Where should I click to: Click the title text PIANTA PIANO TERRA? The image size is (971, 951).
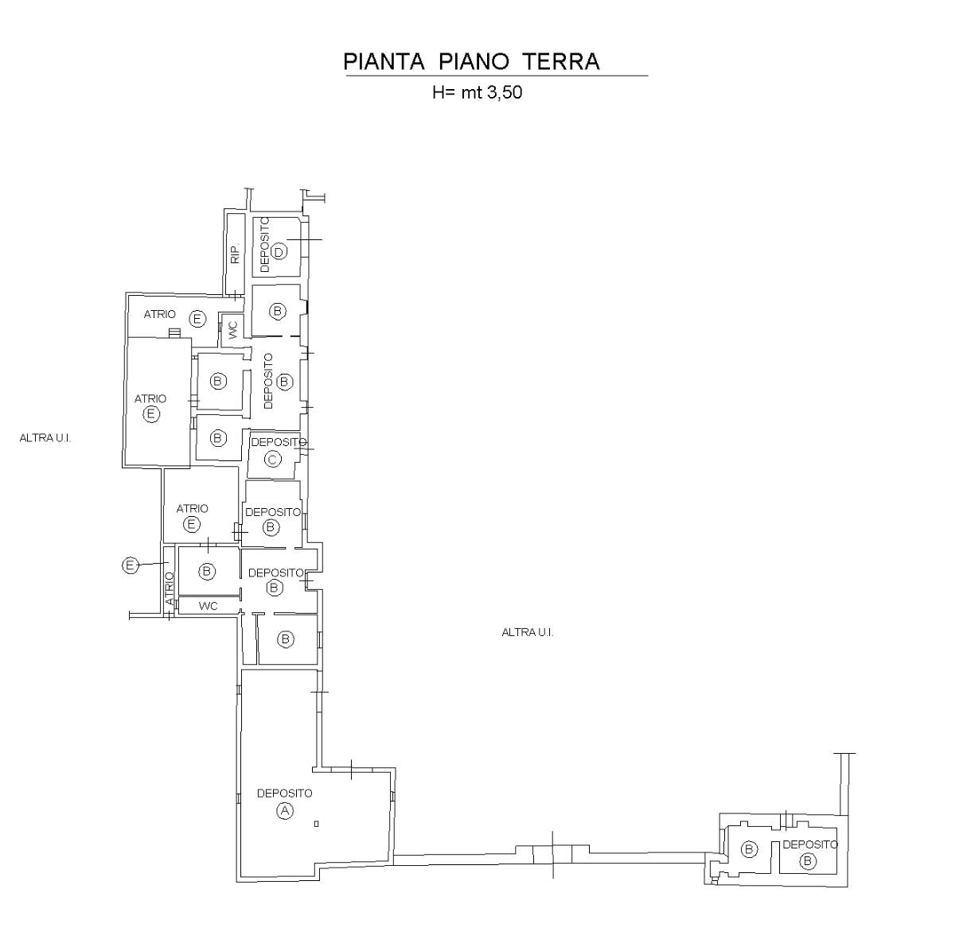(x=471, y=61)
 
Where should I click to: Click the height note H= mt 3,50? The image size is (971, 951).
(x=478, y=92)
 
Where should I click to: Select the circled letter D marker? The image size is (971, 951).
(x=279, y=251)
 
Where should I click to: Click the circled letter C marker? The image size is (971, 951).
(x=273, y=459)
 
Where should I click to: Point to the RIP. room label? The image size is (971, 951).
(x=235, y=254)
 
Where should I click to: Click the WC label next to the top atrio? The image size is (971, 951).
(x=232, y=330)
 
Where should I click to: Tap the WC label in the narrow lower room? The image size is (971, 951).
(x=208, y=606)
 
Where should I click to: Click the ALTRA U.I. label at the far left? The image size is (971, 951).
(x=45, y=438)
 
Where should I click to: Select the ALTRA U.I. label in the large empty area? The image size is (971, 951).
(x=527, y=632)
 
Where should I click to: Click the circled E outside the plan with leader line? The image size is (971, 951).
(x=130, y=565)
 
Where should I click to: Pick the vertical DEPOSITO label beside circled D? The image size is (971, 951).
(x=265, y=245)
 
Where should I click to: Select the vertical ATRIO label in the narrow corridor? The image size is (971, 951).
(x=170, y=588)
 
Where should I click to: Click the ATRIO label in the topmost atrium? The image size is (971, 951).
(x=160, y=314)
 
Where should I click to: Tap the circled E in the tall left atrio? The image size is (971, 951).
(x=151, y=414)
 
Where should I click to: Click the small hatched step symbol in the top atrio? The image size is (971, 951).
(x=174, y=333)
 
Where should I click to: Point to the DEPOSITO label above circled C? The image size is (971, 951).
(x=279, y=442)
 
